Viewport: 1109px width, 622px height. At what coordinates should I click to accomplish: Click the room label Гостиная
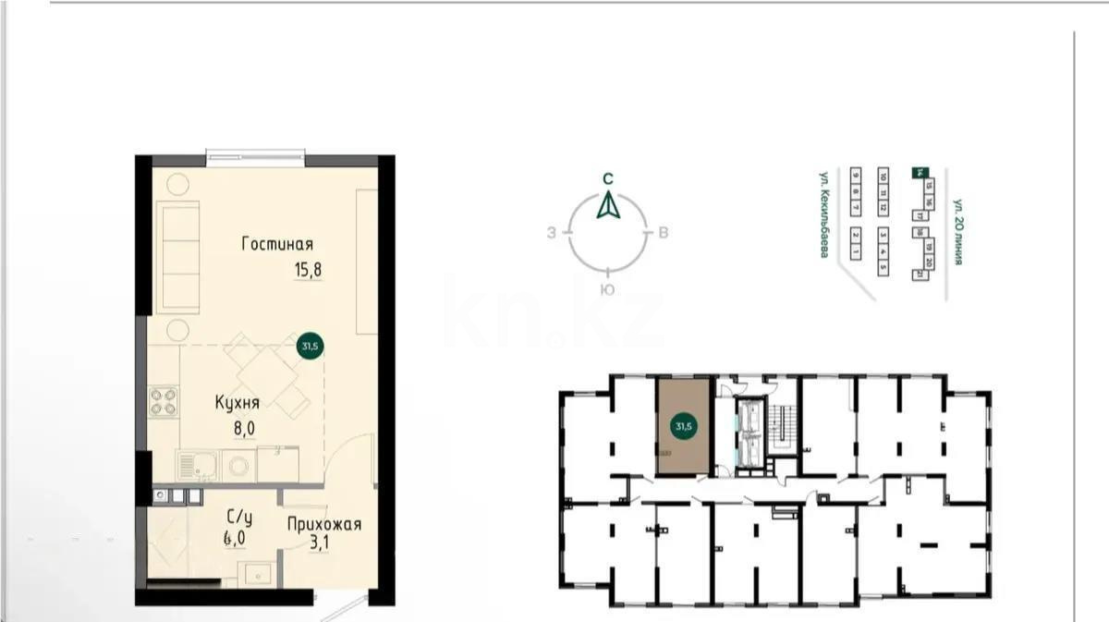[x=277, y=245]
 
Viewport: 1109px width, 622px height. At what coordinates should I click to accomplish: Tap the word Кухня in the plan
[x=237, y=403]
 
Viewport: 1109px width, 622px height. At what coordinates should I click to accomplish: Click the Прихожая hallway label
[x=323, y=525]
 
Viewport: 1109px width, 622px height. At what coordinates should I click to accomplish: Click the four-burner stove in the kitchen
[x=165, y=402]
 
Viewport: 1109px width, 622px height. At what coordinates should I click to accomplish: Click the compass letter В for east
[x=664, y=233]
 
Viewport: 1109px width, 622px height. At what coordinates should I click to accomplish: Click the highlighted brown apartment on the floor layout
[x=684, y=426]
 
